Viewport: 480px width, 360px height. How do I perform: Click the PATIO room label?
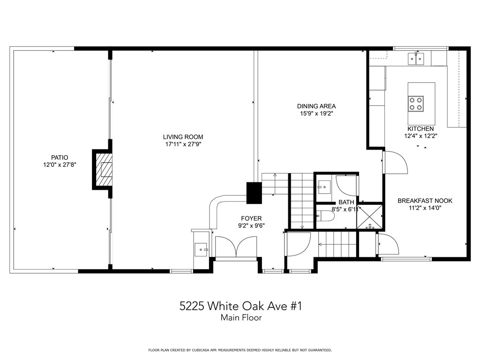tap(60, 157)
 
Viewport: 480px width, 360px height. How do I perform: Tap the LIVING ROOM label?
tap(183, 137)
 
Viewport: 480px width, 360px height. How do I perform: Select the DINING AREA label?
tap(316, 106)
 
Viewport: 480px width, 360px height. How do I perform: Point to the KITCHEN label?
tap(420, 129)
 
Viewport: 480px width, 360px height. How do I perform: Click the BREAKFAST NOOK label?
tap(425, 201)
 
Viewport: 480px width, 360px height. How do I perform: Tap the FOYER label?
tap(251, 218)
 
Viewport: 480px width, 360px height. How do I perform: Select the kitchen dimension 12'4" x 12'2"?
tap(420, 136)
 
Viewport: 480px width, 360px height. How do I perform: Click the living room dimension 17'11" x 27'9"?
tap(183, 144)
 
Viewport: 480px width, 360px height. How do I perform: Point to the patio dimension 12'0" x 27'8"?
tap(60, 165)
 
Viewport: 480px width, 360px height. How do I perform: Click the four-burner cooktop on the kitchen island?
tap(416, 104)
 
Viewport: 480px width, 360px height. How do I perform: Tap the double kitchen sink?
tap(416, 59)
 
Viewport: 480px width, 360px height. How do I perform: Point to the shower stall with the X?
tap(370, 217)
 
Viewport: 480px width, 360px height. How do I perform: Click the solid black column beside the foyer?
tap(254, 193)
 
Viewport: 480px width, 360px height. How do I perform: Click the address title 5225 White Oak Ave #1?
tap(240, 306)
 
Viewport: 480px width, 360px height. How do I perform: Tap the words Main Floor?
tap(241, 318)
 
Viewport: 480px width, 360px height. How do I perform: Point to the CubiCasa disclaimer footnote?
tap(240, 350)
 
